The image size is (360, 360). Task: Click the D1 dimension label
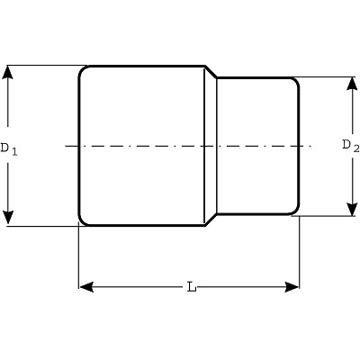click(x=9, y=148)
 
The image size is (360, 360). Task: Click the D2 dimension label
click(x=351, y=147)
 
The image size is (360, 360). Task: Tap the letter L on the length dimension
click(x=192, y=287)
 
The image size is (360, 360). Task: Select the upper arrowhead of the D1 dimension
click(x=8, y=72)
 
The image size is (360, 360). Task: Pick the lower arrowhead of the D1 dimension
click(x=8, y=218)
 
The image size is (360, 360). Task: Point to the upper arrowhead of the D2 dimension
click(x=352, y=84)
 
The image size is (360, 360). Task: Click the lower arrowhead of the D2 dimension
click(x=352, y=209)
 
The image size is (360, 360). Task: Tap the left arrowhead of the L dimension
click(x=86, y=287)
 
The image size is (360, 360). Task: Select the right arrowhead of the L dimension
click(x=292, y=287)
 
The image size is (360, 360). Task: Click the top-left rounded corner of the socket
click(x=81, y=68)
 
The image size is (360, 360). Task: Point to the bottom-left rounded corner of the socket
click(x=81, y=222)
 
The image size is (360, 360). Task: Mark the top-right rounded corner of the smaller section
click(x=297, y=81)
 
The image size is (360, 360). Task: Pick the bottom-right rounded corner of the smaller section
click(x=297, y=211)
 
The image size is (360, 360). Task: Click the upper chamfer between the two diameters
click(x=211, y=72)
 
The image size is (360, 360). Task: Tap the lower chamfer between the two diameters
click(x=211, y=220)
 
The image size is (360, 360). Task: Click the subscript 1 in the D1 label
click(x=14, y=152)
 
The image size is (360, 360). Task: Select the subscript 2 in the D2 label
click(x=356, y=149)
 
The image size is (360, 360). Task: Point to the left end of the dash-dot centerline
click(x=66, y=146)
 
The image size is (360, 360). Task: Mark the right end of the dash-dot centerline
click(x=312, y=146)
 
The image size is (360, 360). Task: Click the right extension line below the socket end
click(x=300, y=252)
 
